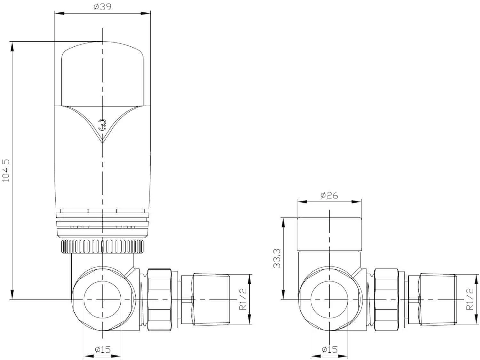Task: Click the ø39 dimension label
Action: click(x=102, y=7)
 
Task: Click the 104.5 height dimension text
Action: click(x=6, y=171)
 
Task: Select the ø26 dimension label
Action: click(x=329, y=195)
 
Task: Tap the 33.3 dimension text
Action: click(x=277, y=259)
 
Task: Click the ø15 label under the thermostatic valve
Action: click(x=102, y=349)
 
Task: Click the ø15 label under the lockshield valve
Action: click(x=329, y=349)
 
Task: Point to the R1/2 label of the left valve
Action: click(x=243, y=299)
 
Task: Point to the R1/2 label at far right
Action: click(x=470, y=299)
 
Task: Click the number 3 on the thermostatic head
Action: click(x=102, y=125)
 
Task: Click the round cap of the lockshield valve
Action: click(x=329, y=234)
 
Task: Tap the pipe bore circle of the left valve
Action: click(x=102, y=300)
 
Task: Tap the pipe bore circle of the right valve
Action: click(x=329, y=300)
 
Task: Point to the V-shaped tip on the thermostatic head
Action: click(x=102, y=141)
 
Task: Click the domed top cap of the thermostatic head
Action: click(x=102, y=74)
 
